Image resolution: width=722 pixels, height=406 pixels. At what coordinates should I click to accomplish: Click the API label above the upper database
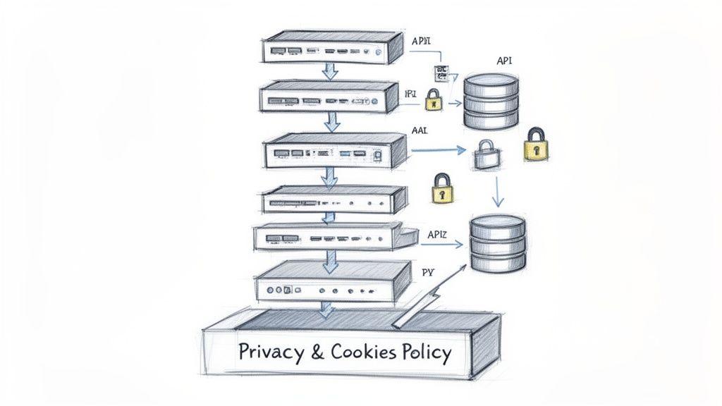pyautogui.click(x=504, y=61)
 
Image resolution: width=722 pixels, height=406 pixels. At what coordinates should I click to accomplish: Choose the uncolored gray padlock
pyautogui.click(x=485, y=154)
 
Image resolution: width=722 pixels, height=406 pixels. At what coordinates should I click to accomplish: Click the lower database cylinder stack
pyautogui.click(x=498, y=245)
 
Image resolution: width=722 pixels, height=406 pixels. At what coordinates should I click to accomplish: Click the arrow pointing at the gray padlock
pyautogui.click(x=437, y=149)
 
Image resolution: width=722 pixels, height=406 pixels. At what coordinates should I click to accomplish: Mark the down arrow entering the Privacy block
pyautogui.click(x=326, y=309)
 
